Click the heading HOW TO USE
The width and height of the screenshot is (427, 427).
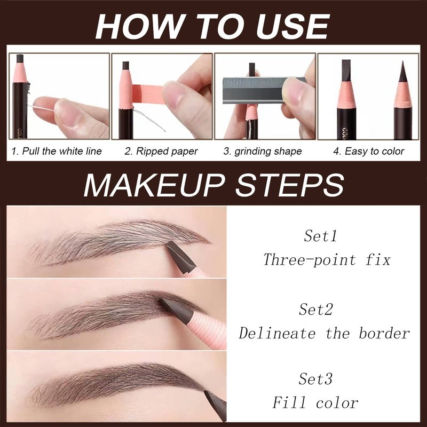coord(212,26)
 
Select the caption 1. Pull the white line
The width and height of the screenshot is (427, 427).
coord(57,151)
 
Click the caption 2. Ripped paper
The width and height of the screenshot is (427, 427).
coord(161,151)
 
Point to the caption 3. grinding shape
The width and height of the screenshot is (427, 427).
coord(263,152)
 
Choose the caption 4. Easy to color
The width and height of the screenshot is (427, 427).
coord(368,151)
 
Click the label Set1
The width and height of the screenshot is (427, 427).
coord(320,235)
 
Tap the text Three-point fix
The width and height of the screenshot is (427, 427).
coord(327,259)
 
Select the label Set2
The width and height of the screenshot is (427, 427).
coord(316,309)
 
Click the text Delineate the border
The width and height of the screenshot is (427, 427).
coord(324,333)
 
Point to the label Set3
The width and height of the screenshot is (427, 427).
coord(315,378)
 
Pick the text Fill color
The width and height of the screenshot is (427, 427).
coord(315,402)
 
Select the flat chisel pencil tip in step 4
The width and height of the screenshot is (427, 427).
coord(346,70)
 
